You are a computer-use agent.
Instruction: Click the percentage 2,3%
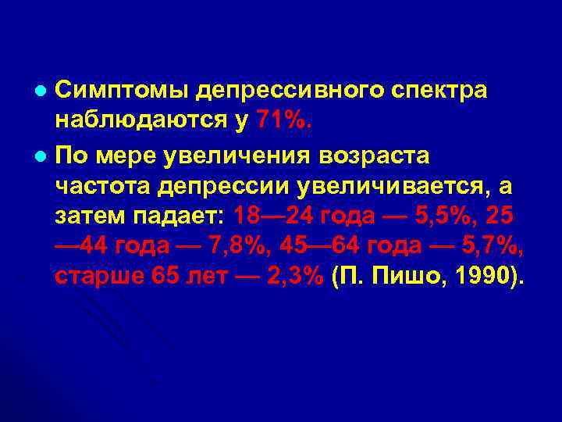coord(290,280)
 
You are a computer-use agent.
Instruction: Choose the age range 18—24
coord(279,217)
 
